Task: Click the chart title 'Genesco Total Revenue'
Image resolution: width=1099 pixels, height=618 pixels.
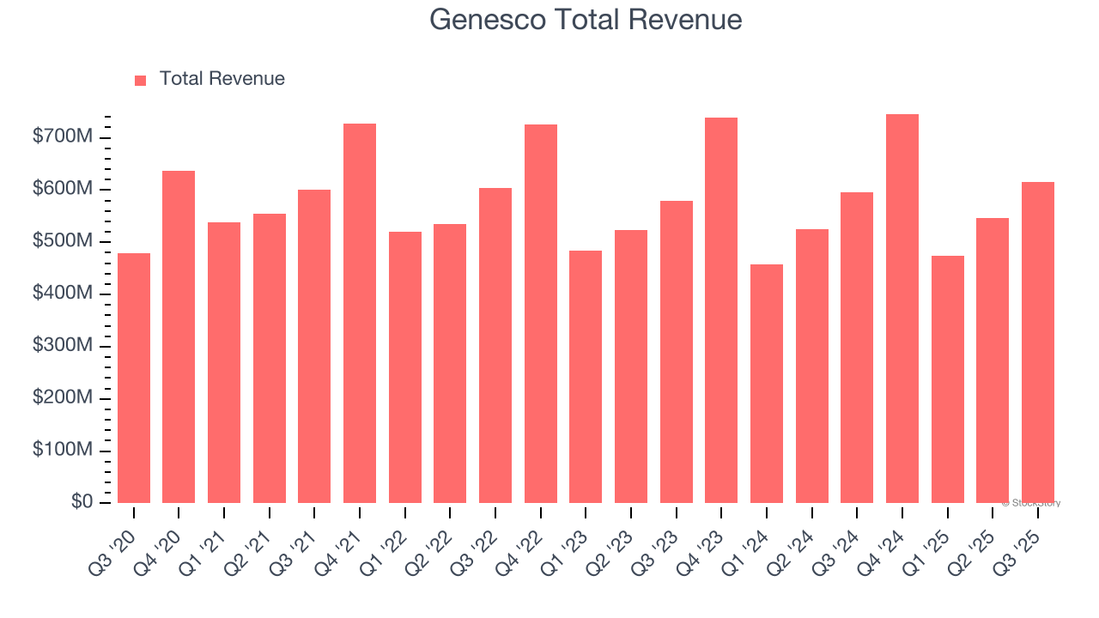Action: coord(586,19)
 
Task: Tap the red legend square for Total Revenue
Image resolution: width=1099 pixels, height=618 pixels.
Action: coord(141,80)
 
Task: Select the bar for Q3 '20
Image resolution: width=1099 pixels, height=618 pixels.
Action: coord(134,378)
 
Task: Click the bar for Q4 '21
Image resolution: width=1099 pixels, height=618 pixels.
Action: coord(360,313)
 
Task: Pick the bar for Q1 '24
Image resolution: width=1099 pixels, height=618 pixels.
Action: coord(767,384)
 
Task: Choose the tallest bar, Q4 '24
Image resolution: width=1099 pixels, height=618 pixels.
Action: coord(902,309)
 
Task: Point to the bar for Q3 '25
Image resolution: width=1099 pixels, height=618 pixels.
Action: coord(1038,342)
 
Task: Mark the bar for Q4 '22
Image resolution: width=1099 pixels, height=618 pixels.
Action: coord(541,313)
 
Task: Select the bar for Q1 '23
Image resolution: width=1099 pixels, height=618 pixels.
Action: coord(586,377)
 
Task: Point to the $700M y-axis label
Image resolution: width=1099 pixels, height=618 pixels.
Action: coord(64,137)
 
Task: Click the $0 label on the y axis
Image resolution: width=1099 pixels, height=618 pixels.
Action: coord(82,502)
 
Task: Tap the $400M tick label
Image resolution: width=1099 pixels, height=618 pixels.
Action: coord(64,294)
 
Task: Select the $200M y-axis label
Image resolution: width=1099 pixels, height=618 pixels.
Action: coord(64,398)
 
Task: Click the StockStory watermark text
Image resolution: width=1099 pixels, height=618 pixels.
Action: coord(1031,503)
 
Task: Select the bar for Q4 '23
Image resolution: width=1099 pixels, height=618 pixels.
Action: coord(721,310)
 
